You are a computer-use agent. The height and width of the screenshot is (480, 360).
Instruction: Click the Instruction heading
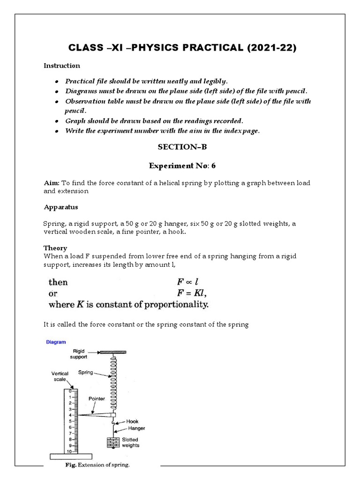[62, 66]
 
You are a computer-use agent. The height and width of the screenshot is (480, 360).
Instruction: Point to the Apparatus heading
[61, 207]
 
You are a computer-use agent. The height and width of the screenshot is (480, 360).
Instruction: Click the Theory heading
[55, 248]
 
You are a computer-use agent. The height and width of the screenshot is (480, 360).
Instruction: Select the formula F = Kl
[191, 293]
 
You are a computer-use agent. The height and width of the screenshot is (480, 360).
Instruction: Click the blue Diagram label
[56, 342]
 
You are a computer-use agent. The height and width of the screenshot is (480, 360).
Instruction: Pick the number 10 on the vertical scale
[68, 451]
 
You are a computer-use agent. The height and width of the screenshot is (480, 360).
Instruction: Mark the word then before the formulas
[58, 282]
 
